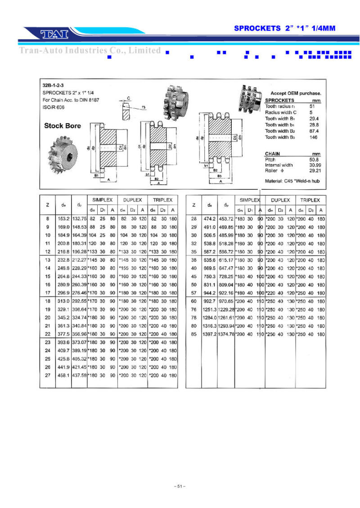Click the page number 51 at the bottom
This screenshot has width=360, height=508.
coord(180,486)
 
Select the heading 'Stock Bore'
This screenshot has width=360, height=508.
coord(63,126)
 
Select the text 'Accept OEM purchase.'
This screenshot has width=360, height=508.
coord(296,93)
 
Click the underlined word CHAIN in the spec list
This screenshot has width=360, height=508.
coord(273,153)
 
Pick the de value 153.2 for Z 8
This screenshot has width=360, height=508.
coord(63,219)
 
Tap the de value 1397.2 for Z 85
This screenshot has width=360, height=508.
coord(209,334)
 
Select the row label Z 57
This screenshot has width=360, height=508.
coord(194,293)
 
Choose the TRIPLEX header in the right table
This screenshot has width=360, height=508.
coord(310,200)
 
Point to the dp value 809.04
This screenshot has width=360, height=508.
coord(226,285)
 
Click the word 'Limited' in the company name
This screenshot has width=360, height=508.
coord(144,50)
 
